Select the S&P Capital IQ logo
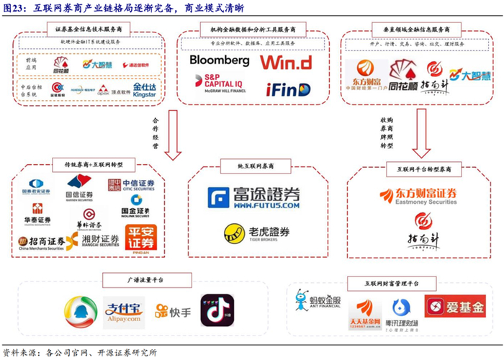(x=215, y=85)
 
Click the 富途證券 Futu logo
(x=251, y=198)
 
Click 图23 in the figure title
(x=15, y=8)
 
